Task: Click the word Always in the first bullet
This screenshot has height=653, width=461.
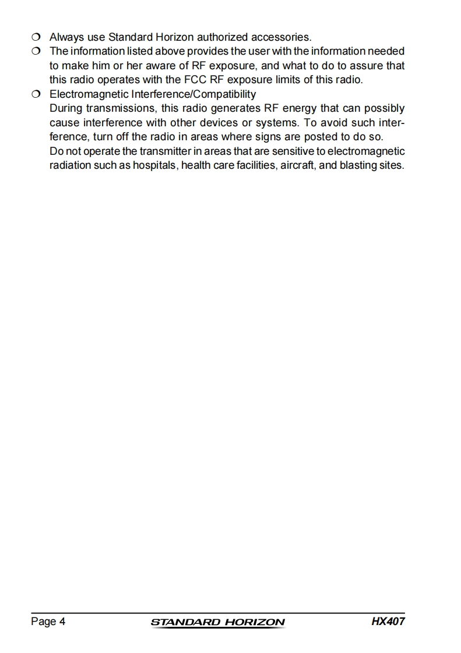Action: click(66, 38)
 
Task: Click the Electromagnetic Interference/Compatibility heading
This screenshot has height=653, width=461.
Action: click(153, 94)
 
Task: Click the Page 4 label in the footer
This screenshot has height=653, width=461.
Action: click(48, 622)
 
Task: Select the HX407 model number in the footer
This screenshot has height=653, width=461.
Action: click(388, 621)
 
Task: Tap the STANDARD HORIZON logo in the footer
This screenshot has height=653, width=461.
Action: click(218, 622)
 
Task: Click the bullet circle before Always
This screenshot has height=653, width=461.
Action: click(36, 38)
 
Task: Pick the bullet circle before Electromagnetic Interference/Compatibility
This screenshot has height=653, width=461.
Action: click(36, 94)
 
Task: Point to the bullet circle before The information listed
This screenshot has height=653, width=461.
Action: click(36, 52)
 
